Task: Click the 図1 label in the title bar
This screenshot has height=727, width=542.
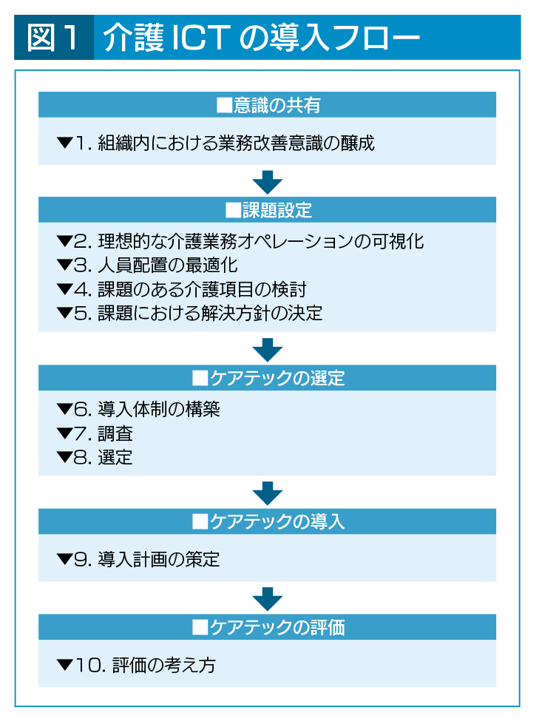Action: coord(52,38)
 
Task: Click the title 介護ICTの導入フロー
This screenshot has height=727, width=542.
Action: coord(262,38)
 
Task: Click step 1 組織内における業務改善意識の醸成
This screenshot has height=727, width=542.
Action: coord(215,143)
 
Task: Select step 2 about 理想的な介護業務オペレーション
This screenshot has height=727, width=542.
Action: coord(240,242)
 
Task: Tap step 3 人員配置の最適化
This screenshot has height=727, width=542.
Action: coord(147,266)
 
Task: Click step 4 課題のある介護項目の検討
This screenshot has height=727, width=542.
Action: coord(181,290)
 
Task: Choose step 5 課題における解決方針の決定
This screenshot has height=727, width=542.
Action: coord(189,314)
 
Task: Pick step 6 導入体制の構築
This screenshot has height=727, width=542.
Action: coord(138,410)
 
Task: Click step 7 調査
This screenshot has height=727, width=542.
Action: coord(95,433)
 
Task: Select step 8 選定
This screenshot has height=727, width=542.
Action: coord(95,458)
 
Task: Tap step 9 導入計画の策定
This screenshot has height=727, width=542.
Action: coord(138,560)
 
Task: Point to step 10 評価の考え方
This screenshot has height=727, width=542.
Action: coord(136,666)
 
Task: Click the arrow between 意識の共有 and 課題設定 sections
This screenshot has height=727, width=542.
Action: coord(268,182)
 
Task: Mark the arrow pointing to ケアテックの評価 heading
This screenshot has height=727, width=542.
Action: coord(268,599)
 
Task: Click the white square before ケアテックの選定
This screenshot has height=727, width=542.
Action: coord(200,379)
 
